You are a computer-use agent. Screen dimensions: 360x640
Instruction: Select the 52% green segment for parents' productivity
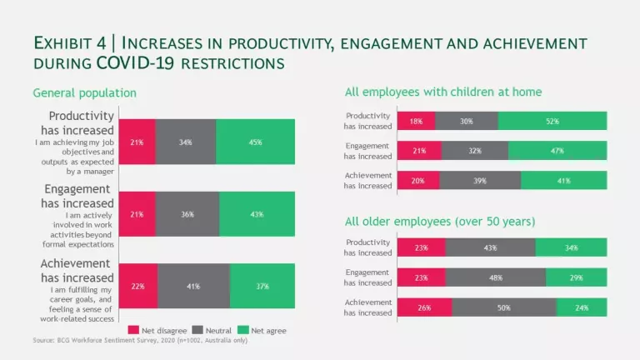[552, 121]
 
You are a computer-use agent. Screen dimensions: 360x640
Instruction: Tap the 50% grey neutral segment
[503, 307]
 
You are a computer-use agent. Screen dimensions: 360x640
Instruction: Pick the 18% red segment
[416, 121]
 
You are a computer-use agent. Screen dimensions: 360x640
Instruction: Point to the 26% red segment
[424, 307]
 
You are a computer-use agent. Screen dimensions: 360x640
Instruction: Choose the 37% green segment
[262, 286]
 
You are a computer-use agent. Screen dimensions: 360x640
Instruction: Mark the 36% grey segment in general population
[187, 214]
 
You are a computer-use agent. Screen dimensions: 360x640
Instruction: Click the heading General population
[84, 92]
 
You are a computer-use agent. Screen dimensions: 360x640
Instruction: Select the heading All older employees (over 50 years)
[440, 222]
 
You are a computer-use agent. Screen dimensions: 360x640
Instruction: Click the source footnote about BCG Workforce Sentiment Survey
[140, 341]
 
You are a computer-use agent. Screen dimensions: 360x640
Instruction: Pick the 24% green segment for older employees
[582, 307]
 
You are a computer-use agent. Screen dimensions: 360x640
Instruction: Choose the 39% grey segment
[480, 181]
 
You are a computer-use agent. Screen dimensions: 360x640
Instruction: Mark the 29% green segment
[577, 277]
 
